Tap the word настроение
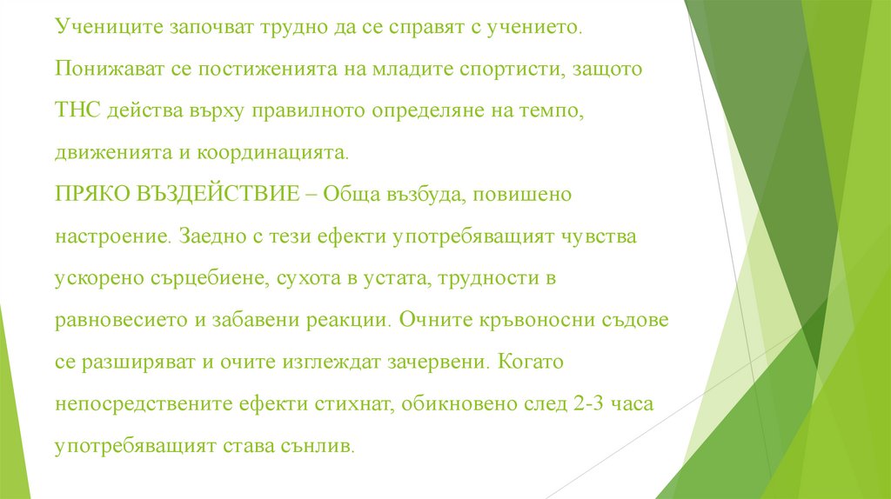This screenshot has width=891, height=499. click(112, 236)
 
